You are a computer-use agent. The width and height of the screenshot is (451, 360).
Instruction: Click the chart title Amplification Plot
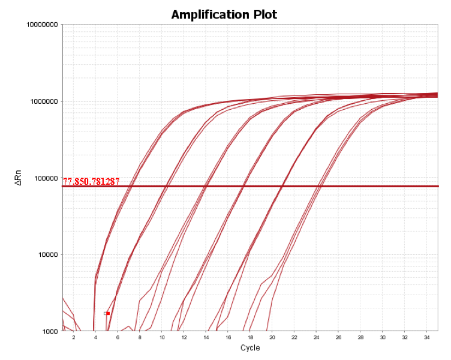pos(224,14)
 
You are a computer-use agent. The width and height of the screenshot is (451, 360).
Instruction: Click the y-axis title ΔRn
pos(19,178)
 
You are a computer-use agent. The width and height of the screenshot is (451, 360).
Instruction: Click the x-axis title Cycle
pos(250,348)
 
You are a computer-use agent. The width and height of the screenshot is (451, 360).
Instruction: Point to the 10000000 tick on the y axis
pos(42,25)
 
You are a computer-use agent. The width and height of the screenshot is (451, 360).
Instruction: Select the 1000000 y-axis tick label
pos(44,101)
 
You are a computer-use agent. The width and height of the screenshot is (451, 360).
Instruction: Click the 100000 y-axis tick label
pos(46,178)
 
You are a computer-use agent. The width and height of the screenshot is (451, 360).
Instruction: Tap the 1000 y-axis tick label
pos(49,331)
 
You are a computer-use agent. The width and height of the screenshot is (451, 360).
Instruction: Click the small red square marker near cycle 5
pos(107,313)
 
